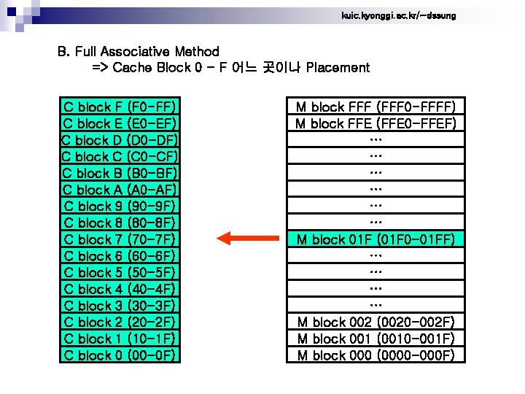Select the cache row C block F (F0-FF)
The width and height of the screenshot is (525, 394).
click(x=120, y=107)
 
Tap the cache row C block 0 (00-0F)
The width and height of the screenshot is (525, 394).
click(x=120, y=355)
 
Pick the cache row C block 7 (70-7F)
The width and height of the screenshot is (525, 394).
click(x=120, y=239)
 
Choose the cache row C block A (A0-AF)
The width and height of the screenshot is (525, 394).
click(x=120, y=190)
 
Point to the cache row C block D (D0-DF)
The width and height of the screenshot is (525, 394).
click(x=120, y=140)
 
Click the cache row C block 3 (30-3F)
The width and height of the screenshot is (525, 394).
click(x=120, y=306)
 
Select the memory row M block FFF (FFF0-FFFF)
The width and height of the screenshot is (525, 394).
click(x=376, y=107)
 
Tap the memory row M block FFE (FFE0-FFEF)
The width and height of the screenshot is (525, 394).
click(x=376, y=124)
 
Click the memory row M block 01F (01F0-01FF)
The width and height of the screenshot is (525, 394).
click(x=376, y=239)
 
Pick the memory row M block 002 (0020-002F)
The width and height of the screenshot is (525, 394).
click(x=376, y=322)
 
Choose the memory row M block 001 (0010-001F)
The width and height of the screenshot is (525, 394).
click(x=376, y=339)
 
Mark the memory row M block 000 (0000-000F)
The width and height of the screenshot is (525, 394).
click(x=376, y=355)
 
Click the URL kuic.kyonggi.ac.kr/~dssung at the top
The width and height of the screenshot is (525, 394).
click(x=398, y=15)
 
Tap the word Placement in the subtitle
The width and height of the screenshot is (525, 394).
click(x=338, y=68)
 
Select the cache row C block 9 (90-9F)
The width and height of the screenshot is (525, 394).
click(x=120, y=206)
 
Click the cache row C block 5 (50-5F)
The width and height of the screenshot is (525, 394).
click(x=120, y=273)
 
